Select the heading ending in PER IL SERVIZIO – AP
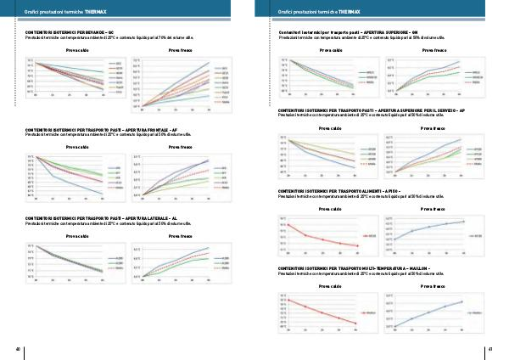pyautogui.click(x=371, y=110)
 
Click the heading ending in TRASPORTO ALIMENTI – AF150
pyautogui.click(x=344, y=192)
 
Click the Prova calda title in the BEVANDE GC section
pyautogui.click(x=77, y=51)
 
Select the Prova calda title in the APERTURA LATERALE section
pyautogui.click(x=77, y=235)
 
